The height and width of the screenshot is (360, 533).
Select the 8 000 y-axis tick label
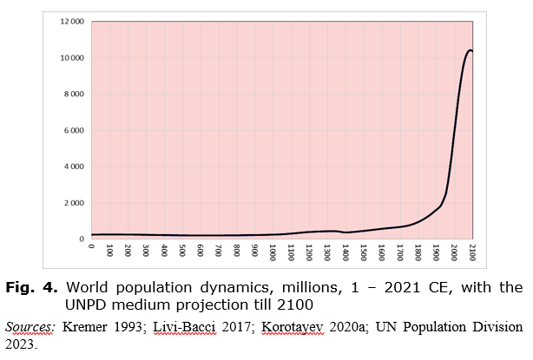[74, 95]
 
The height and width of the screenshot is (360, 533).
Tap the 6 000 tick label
[74, 131]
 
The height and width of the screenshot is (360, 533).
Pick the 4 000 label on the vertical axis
[74, 167]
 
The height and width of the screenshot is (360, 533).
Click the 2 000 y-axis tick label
[74, 203]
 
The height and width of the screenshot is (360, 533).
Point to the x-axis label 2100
[473, 253]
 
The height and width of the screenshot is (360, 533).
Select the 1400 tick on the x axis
[345, 253]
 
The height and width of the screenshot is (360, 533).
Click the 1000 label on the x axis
[273, 253]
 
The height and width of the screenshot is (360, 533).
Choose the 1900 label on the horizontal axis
[437, 253]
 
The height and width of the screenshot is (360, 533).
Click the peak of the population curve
[470, 50]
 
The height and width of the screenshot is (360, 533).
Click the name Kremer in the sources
[87, 327]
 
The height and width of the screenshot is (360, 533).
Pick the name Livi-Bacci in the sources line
[181, 327]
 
